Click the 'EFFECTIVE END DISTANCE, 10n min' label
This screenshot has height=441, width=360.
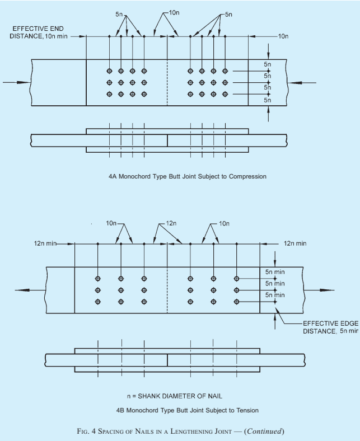(x=38, y=32)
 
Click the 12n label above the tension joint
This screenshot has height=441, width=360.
(x=171, y=223)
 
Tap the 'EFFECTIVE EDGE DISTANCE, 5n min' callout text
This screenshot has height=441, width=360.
(x=331, y=327)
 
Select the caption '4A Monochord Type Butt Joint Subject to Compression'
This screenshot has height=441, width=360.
(x=188, y=176)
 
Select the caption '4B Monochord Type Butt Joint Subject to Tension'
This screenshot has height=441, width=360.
(x=188, y=410)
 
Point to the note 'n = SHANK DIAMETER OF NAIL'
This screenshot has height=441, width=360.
(x=175, y=396)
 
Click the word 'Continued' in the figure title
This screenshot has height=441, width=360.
(x=264, y=431)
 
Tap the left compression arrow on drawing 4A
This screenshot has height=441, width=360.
(x=17, y=82)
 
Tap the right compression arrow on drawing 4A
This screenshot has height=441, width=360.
(x=302, y=83)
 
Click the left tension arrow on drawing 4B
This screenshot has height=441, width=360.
(x=30, y=290)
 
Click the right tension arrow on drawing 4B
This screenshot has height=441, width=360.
(x=319, y=290)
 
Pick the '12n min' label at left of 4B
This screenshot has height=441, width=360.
(x=45, y=243)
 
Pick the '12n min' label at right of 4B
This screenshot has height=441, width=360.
(x=295, y=243)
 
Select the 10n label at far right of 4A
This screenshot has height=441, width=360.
(x=283, y=36)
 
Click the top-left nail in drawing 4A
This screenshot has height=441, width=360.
(x=109, y=71)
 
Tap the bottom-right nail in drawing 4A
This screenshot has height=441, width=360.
(x=225, y=94)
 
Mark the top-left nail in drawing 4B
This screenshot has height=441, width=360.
(x=97, y=279)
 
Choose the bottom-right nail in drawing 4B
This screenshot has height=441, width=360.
(x=236, y=302)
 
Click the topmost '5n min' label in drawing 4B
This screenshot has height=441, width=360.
(x=275, y=272)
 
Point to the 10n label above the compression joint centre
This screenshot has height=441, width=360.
(x=174, y=13)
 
